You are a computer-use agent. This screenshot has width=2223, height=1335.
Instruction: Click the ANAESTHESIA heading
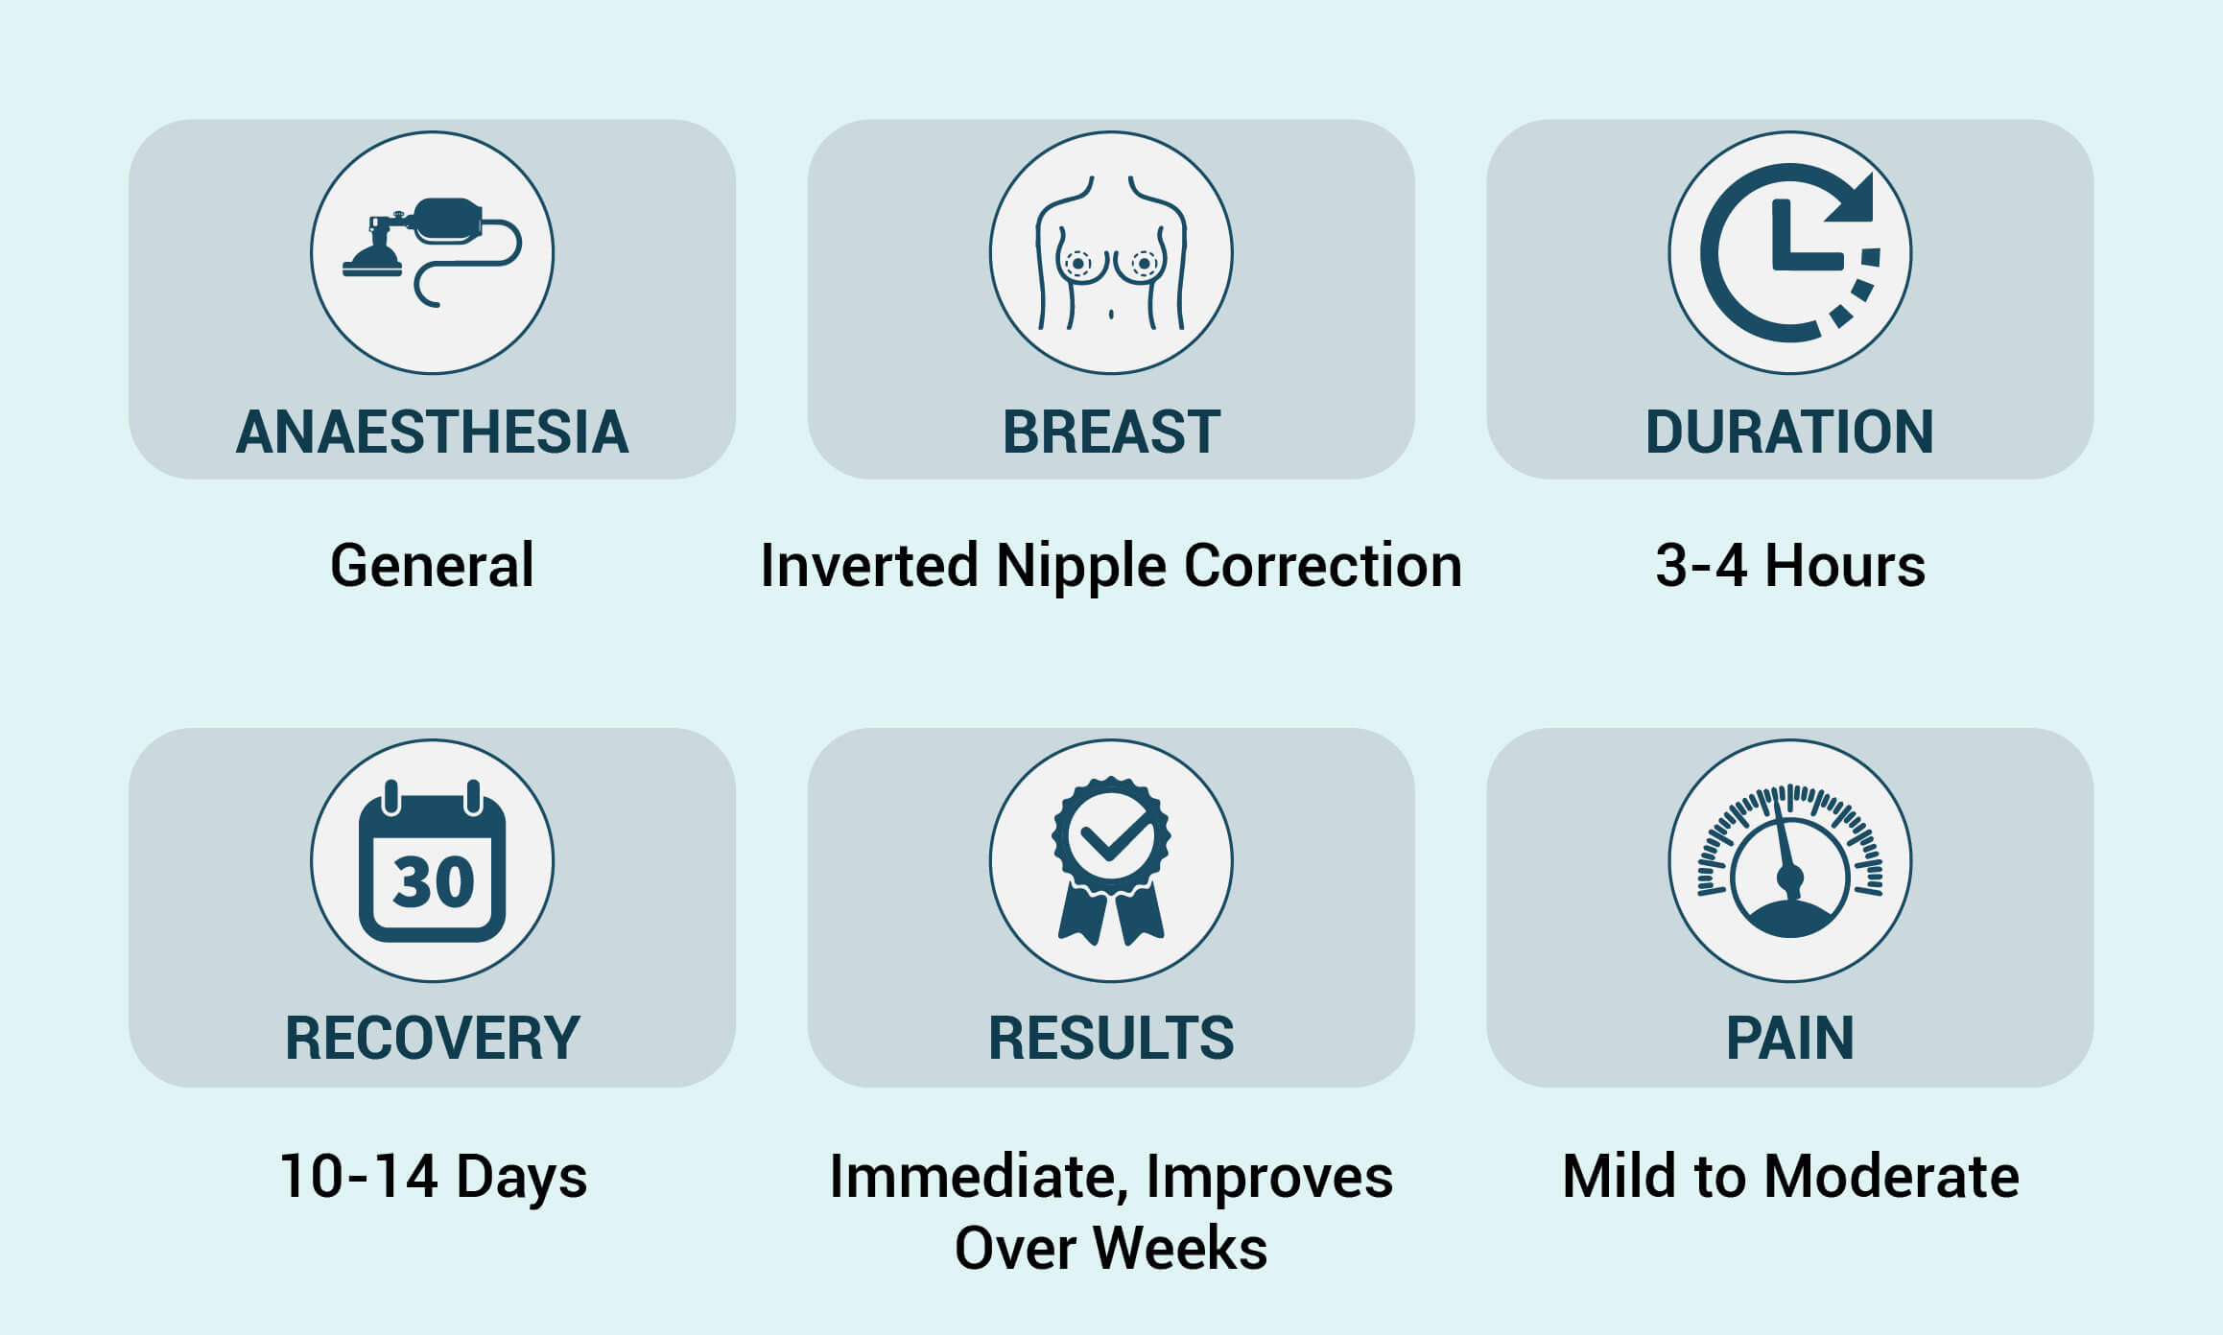(432, 432)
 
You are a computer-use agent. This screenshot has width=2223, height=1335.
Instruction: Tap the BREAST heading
(1111, 432)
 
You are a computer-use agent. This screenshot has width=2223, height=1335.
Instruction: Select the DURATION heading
(1789, 432)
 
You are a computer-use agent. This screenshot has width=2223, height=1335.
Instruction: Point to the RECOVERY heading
(432, 1038)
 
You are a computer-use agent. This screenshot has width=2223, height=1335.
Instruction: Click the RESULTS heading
(1111, 1038)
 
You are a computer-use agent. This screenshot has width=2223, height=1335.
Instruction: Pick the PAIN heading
(1789, 1038)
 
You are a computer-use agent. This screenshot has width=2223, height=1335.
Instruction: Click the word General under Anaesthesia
(432, 565)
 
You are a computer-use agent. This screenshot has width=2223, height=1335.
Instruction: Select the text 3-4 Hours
(1790, 565)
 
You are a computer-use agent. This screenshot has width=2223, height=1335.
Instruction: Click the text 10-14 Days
(433, 1178)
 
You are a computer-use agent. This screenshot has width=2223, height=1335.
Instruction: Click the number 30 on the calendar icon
(434, 881)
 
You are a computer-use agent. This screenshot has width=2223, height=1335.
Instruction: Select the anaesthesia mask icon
(432, 251)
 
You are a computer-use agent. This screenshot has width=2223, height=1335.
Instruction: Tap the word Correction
(1323, 565)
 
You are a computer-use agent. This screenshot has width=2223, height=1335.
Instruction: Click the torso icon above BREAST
(1111, 252)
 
